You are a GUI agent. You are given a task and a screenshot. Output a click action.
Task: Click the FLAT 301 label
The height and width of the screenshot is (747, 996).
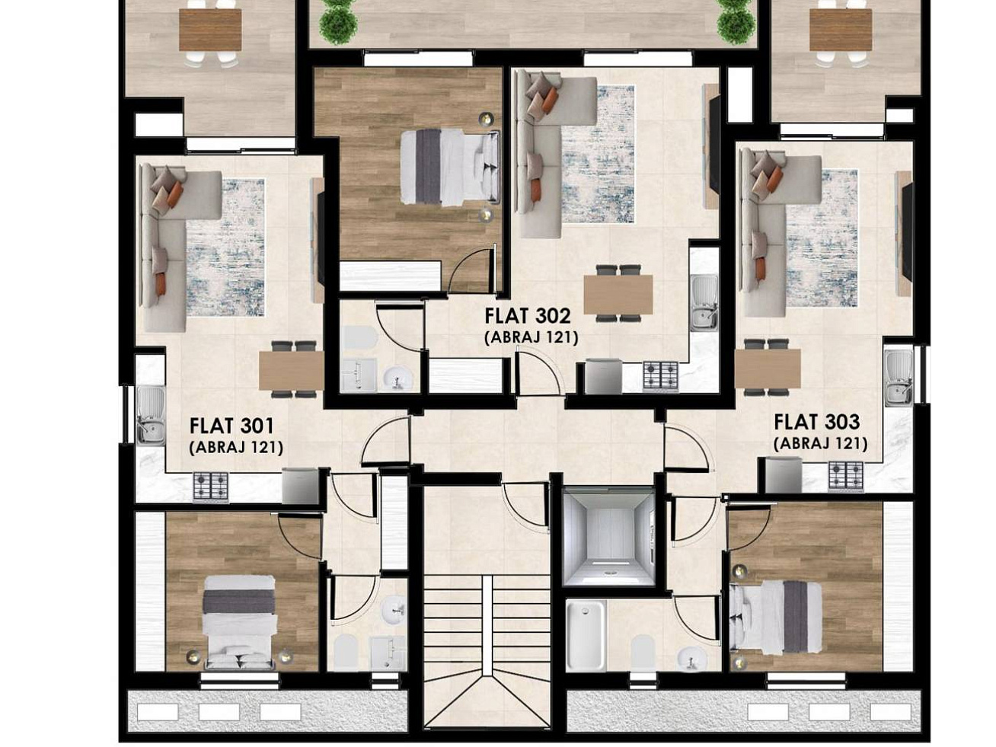231,426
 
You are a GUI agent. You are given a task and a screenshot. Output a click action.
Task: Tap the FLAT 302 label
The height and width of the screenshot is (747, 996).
527,316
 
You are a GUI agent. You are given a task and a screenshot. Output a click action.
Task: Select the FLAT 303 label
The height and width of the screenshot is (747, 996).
816,423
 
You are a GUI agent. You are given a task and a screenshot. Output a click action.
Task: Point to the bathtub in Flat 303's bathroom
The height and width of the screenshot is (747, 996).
586,635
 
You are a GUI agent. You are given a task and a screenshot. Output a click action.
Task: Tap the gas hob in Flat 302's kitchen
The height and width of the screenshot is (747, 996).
661,375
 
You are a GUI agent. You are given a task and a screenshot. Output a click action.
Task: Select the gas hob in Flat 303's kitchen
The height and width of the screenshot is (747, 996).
846,476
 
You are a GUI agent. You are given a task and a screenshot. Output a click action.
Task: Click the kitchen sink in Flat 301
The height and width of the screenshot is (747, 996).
151,414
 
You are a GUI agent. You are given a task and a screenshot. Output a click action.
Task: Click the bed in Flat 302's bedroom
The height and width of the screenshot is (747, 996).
449,167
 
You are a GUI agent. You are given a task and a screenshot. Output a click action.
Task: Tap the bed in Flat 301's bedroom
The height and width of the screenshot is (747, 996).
239,622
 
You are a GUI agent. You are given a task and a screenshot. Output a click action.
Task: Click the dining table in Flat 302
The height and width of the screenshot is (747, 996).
618,294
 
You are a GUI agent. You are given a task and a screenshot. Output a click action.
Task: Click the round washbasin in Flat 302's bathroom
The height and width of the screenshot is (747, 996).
398,378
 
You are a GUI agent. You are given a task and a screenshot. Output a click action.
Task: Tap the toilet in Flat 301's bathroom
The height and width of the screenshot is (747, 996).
346,653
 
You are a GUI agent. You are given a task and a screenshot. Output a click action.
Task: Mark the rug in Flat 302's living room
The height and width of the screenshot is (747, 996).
598,155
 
